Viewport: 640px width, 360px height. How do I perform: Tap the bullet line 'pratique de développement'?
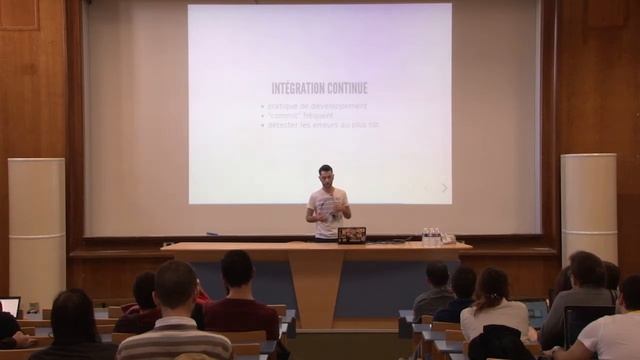pos(316,106)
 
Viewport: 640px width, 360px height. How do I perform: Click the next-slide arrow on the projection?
pos(445,187)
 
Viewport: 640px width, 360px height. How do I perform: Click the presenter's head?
pos(325,173)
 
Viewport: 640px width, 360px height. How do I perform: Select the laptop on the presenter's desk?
pos(351,235)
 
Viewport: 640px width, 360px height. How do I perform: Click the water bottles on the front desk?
pos(431,236)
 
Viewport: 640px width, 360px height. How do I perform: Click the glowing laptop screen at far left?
pos(9,306)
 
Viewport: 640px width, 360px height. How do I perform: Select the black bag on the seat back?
pos(501,344)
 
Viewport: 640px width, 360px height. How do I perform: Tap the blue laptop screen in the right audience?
pos(536,311)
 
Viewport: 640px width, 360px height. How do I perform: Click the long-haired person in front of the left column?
pos(74,325)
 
